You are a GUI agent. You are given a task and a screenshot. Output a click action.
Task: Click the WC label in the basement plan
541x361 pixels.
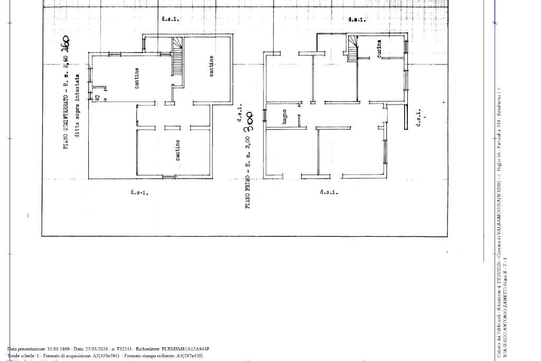[97, 97]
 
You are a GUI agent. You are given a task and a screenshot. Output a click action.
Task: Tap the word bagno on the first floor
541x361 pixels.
[285, 117]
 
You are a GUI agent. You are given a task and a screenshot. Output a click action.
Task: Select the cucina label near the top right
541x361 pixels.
[379, 48]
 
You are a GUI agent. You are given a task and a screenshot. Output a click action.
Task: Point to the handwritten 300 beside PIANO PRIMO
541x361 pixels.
[249, 122]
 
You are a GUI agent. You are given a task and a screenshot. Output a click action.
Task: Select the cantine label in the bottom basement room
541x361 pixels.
[178, 150]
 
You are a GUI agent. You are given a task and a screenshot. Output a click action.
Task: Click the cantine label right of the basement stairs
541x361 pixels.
[212, 66]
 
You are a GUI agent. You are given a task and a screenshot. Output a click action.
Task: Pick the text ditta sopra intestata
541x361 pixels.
[77, 106]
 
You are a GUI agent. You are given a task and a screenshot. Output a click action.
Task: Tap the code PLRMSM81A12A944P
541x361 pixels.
[185, 349]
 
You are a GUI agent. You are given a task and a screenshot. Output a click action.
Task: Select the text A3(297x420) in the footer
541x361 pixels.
[189, 356]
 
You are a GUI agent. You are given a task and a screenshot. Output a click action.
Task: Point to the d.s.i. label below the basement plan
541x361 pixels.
[139, 192]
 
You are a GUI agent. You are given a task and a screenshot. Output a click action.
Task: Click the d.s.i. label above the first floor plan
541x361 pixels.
[357, 20]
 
